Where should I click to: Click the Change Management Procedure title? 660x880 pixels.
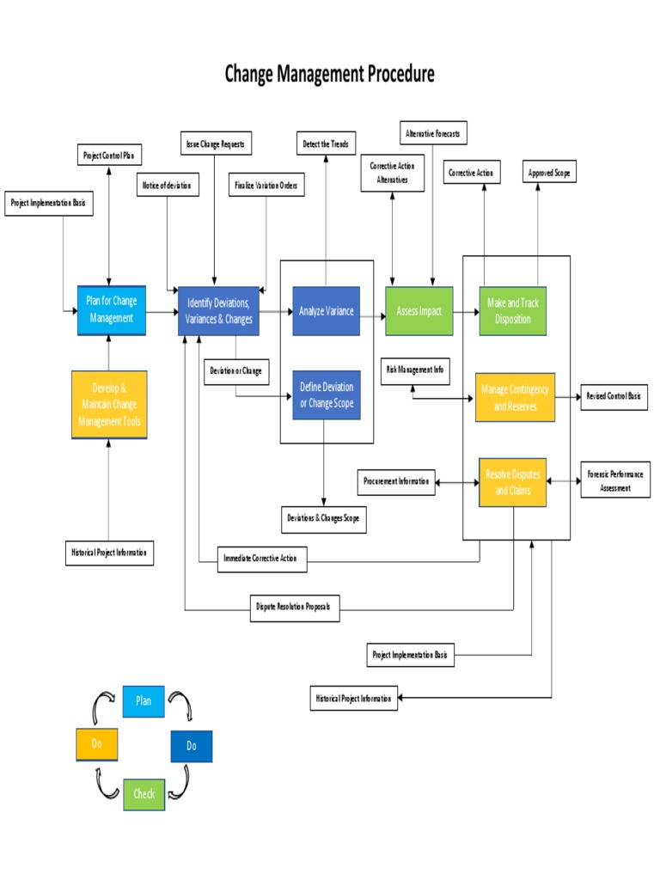point(329,74)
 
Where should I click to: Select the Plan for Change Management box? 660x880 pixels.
point(111,310)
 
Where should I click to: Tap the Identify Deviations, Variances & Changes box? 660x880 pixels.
point(218,311)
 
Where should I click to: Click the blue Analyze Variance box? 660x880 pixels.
point(326,311)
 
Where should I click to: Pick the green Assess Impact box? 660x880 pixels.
point(419,311)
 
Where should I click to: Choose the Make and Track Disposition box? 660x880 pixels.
point(512,311)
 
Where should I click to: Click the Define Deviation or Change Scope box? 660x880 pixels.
point(326,395)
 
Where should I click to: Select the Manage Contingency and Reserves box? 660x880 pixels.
point(515,397)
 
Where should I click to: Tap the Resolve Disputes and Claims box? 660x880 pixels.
point(513,482)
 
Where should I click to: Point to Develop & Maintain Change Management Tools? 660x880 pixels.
point(109,405)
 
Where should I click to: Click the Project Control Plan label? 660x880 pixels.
point(109,156)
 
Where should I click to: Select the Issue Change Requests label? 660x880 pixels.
point(215,144)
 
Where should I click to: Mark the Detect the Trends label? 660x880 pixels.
point(326,144)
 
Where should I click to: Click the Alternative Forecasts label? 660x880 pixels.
point(433,133)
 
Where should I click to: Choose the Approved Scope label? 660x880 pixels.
point(549,173)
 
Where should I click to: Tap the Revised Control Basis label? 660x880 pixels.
point(614,396)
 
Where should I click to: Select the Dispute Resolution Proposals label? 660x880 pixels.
point(294,608)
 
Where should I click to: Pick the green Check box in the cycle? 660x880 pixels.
point(144,793)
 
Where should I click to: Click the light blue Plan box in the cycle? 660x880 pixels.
point(144,700)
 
